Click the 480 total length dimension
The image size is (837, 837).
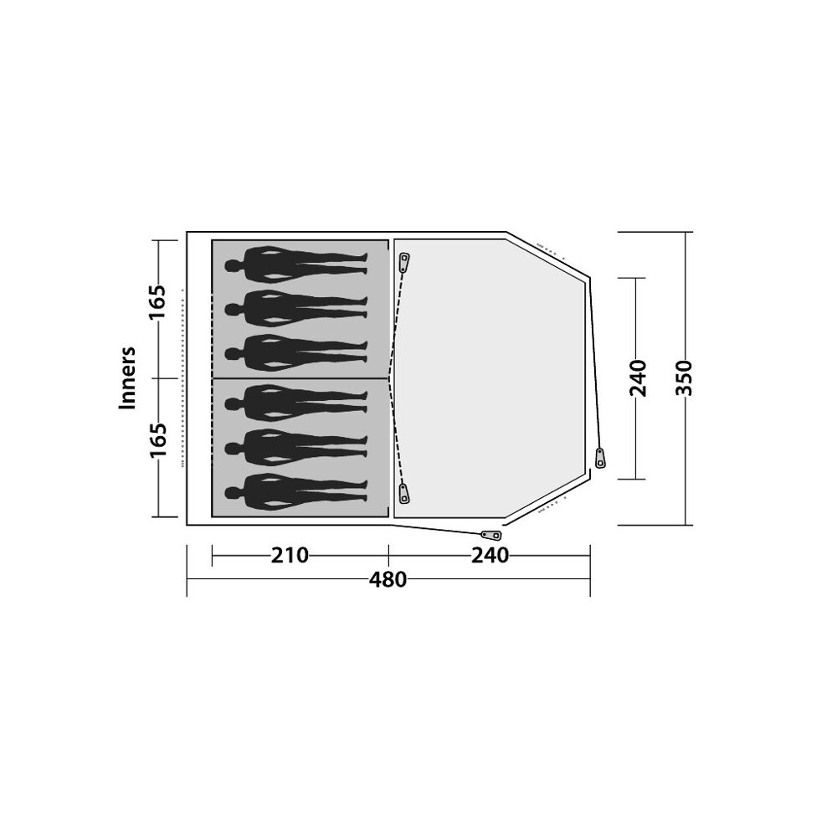click(x=388, y=580)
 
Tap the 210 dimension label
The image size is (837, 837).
click(x=290, y=556)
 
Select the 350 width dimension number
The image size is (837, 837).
click(x=684, y=377)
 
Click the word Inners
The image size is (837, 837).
click(x=127, y=378)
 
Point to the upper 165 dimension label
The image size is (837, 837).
click(x=158, y=302)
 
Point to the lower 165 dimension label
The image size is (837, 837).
click(x=158, y=441)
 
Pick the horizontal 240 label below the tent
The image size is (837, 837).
click(x=490, y=556)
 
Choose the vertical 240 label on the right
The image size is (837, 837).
click(x=639, y=378)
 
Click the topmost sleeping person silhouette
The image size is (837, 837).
click(x=296, y=264)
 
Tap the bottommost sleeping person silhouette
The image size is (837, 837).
click(x=296, y=492)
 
